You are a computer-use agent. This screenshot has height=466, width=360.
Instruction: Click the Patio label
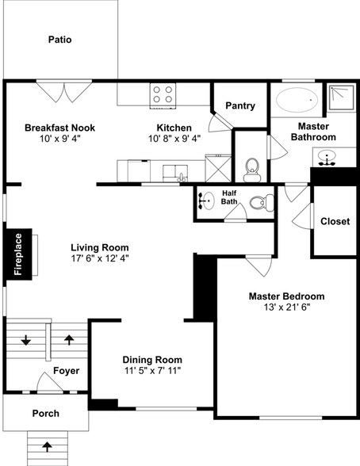(60, 39)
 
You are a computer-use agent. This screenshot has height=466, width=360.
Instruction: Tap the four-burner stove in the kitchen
(163, 95)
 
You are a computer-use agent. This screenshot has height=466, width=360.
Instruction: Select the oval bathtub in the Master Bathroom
(296, 101)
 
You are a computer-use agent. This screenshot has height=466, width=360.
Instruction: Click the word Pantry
(240, 106)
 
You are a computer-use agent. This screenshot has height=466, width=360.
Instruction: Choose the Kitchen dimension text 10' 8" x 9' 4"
(174, 138)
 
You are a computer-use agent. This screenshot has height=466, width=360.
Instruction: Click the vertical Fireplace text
(18, 255)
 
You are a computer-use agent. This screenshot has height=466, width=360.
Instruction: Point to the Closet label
(335, 221)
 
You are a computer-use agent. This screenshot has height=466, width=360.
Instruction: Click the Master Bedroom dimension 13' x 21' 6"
(286, 307)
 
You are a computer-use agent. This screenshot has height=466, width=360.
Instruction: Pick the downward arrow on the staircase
(26, 341)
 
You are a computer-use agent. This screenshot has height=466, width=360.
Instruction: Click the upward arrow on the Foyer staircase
(69, 341)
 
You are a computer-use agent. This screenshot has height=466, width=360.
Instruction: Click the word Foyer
(66, 370)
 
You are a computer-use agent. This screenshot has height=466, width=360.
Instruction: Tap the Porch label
(45, 414)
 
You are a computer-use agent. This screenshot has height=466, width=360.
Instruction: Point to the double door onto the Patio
(62, 91)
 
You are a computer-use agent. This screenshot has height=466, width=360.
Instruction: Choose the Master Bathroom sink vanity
(327, 156)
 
